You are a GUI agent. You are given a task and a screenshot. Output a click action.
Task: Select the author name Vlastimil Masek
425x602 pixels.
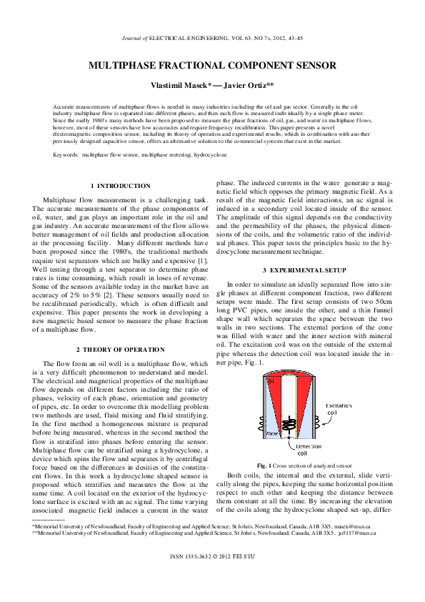tap(179, 84)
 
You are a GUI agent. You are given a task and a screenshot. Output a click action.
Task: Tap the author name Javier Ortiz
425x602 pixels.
tap(245, 84)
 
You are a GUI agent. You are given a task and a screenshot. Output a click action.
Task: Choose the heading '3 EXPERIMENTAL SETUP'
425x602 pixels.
tap(305, 270)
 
